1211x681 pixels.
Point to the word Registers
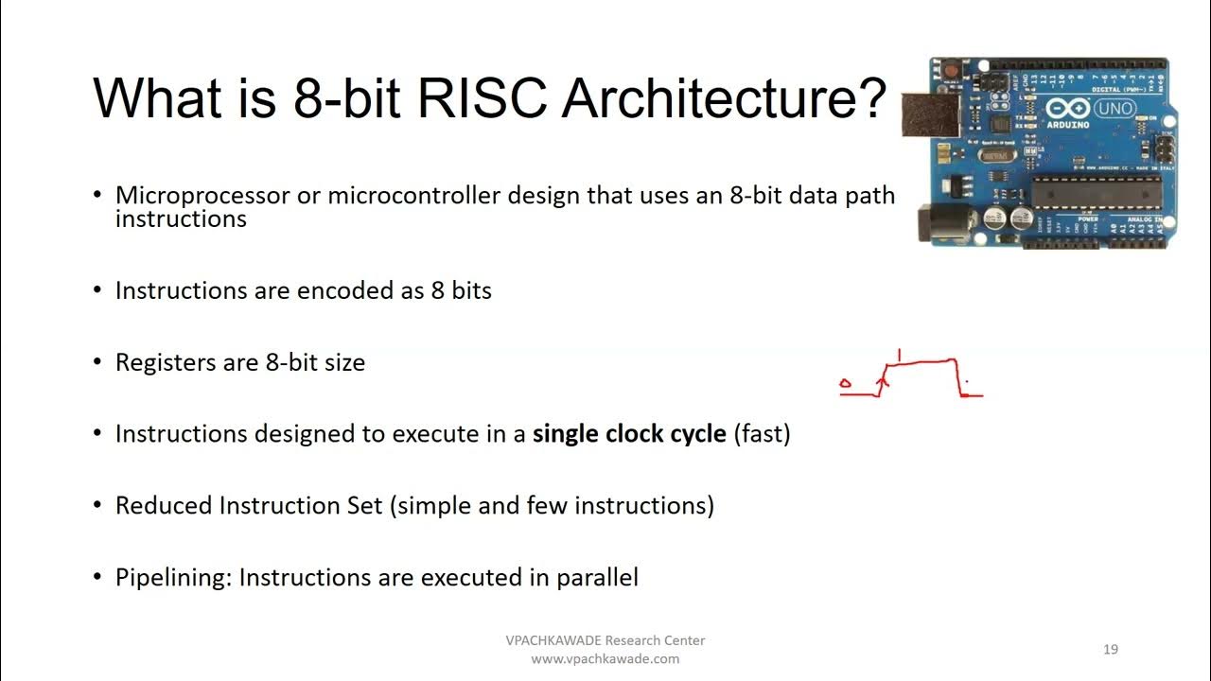click(x=166, y=362)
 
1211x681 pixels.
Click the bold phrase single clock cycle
click(x=629, y=434)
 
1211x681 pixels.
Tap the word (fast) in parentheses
click(x=762, y=434)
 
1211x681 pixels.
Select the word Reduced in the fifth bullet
click(x=164, y=505)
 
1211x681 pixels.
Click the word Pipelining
click(x=173, y=577)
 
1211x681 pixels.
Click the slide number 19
click(x=1111, y=649)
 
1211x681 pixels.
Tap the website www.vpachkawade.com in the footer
click(x=605, y=659)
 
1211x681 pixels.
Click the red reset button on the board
click(x=945, y=70)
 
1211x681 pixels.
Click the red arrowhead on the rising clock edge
click(x=883, y=382)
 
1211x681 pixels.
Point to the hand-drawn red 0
click(x=845, y=384)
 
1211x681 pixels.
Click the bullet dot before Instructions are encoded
click(x=97, y=290)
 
